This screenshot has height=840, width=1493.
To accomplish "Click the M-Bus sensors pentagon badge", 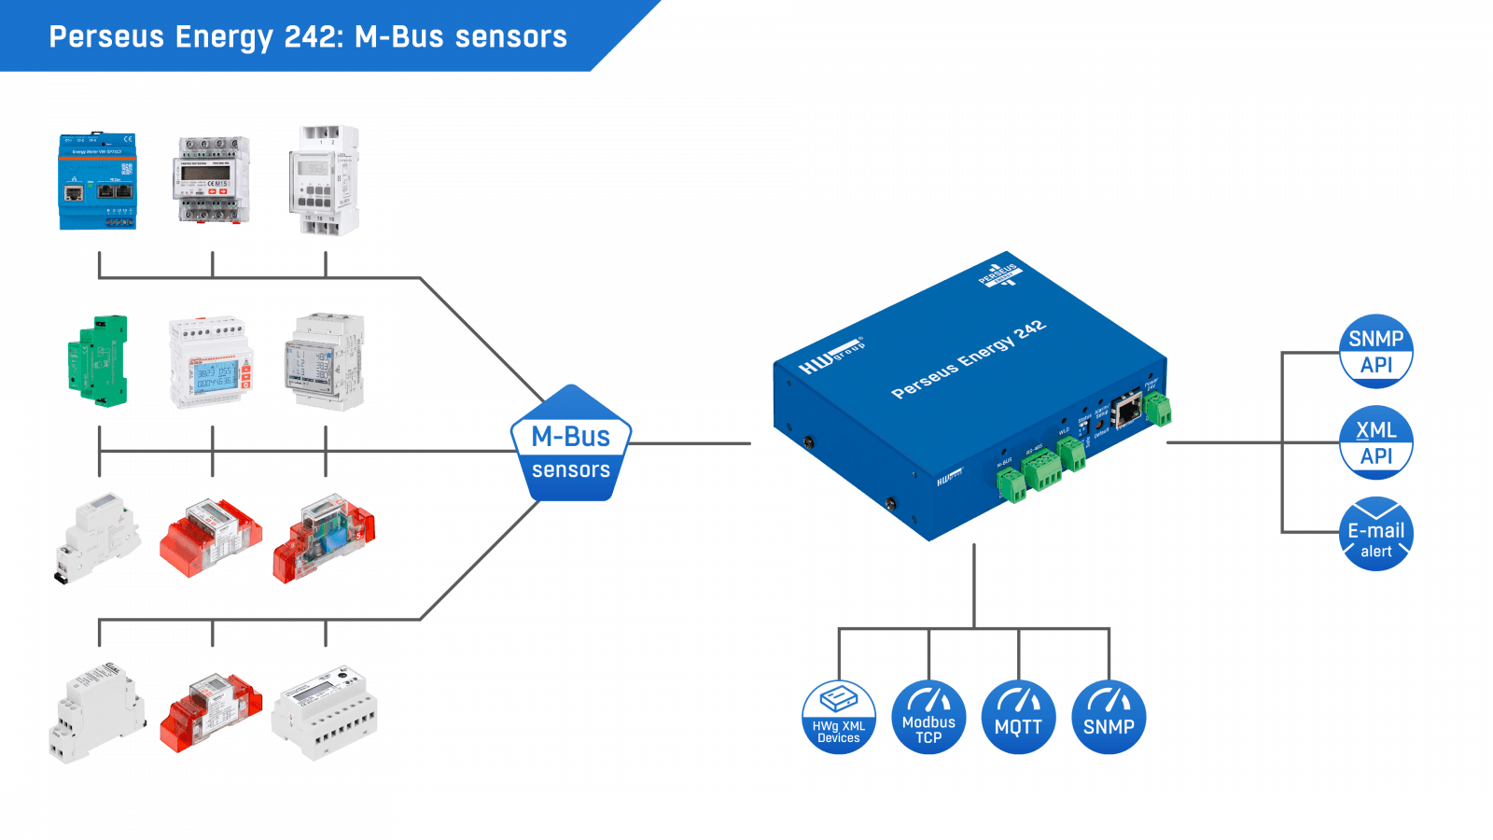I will click(x=571, y=446).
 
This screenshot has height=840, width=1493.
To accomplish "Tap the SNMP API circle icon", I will click(x=1375, y=352).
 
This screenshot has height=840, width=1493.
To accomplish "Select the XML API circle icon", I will click(x=1375, y=442).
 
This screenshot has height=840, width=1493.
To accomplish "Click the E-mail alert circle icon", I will click(x=1375, y=535).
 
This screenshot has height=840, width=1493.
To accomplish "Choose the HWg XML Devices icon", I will click(x=839, y=717).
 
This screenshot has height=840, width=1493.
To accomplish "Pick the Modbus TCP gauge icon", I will click(x=928, y=717).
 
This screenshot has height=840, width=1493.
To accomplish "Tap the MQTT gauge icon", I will click(x=1018, y=717).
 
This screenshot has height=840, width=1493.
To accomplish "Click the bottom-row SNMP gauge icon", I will click(x=1109, y=717).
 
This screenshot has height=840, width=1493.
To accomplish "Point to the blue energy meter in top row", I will click(x=98, y=182).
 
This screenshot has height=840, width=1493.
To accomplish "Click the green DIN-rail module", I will click(x=98, y=360).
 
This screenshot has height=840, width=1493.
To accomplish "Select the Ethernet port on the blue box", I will click(x=1129, y=409).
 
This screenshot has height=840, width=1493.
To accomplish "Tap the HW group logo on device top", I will click(x=830, y=356).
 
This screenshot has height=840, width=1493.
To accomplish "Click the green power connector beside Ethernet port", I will click(x=1158, y=408).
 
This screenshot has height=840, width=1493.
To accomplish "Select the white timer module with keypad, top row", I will click(x=325, y=180).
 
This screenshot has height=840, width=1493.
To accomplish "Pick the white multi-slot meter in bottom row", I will click(x=325, y=713).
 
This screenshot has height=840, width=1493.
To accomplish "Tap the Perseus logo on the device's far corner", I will click(x=999, y=273).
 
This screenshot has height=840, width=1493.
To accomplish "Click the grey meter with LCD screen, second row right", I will click(x=324, y=362).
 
